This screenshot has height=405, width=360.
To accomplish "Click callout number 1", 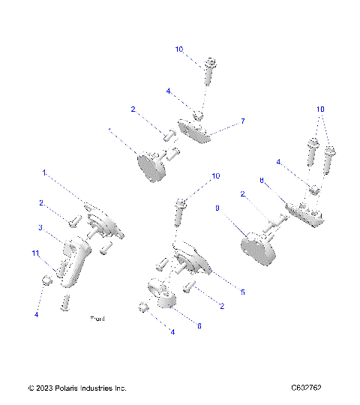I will click(44, 172).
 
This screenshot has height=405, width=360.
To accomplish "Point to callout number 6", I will click(199, 325).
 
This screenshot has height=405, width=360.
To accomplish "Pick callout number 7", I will click(242, 121).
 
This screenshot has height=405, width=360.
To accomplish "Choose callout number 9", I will click(217, 211).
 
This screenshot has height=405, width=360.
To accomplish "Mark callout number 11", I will click(35, 253).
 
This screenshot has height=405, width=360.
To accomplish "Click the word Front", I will click(97, 319).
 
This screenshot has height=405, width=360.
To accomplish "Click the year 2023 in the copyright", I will click(44, 388).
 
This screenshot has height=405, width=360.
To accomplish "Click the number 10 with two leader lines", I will click(320, 109).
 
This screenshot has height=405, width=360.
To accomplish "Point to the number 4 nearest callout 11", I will click(35, 315).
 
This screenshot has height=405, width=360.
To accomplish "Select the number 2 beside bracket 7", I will click(133, 109).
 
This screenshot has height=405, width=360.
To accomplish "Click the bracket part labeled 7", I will click(195, 131).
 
